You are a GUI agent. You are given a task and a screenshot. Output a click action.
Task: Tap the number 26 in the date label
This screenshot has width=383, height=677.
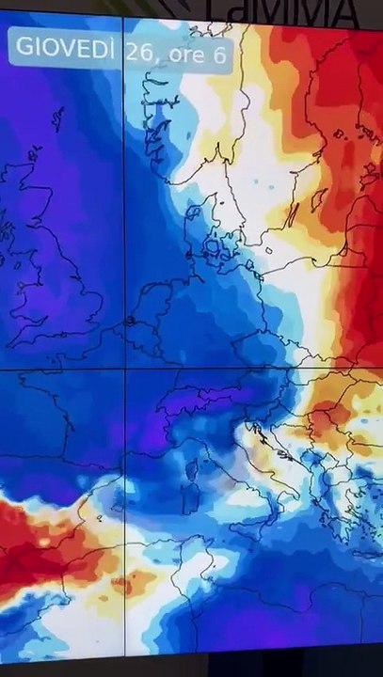139,54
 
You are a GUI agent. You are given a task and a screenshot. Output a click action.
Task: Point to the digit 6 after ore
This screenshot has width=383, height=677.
218,55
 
